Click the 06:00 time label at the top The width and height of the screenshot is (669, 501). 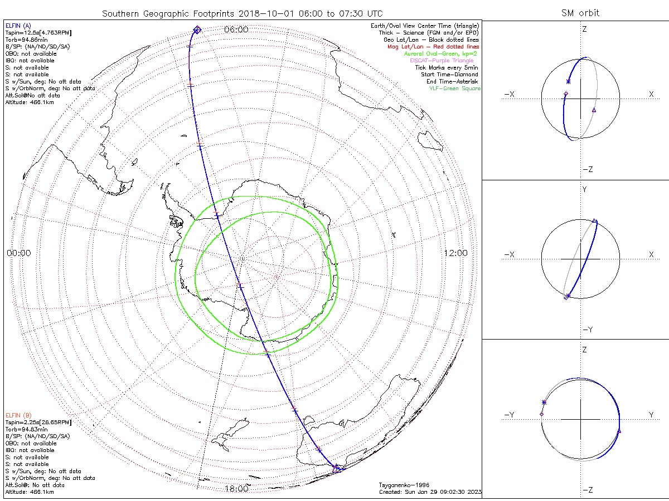click(236, 30)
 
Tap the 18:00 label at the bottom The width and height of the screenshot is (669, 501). click(236, 489)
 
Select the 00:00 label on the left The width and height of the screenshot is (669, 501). click(18, 253)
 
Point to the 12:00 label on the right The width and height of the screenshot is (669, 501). click(455, 253)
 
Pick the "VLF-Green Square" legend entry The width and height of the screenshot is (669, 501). click(454, 89)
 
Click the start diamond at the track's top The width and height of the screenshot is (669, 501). click(196, 30)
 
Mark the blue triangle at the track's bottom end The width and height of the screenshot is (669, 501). click(336, 469)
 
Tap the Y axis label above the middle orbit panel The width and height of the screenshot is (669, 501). click(584, 189)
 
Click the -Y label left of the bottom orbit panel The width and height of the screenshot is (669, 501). click(508, 415)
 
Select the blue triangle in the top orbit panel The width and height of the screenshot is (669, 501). click(594, 110)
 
